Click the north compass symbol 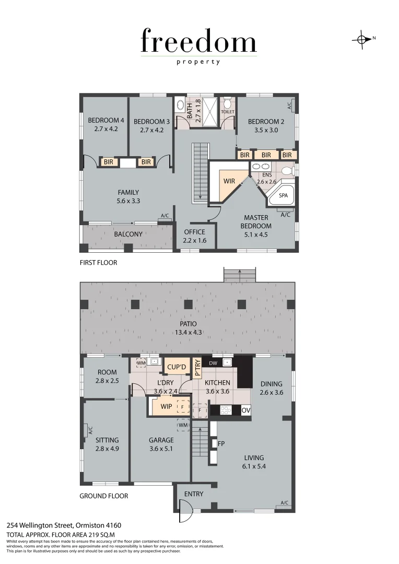(x=361, y=39)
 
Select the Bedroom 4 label (x=105, y=122)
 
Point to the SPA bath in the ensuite (x=283, y=195)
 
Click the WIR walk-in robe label (x=229, y=181)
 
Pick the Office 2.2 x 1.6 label (x=194, y=237)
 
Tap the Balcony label (x=128, y=234)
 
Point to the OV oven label (x=246, y=410)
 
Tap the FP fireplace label (x=221, y=443)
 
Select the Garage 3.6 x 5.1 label (x=161, y=444)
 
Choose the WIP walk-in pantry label (x=166, y=406)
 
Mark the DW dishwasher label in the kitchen (x=213, y=363)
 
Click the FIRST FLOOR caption (x=98, y=263)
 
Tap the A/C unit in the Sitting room (x=86, y=430)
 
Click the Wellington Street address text (x=64, y=525)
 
